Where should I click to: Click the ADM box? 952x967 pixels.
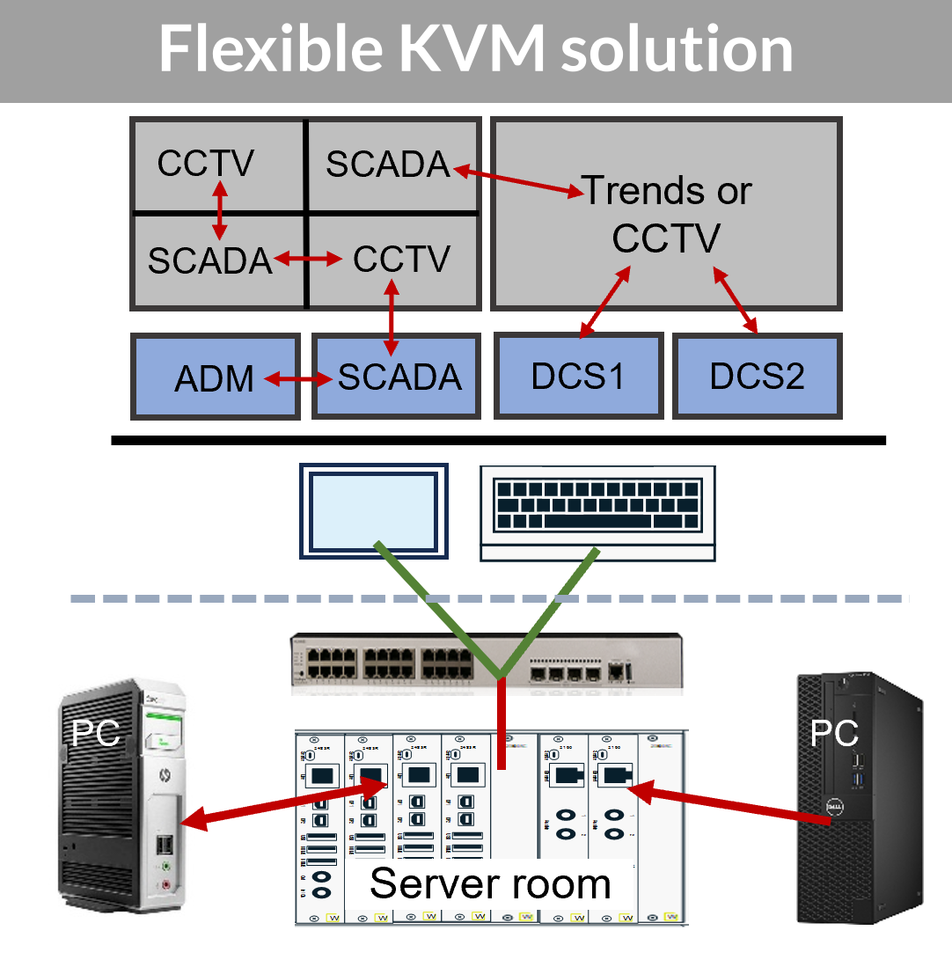pos(215,377)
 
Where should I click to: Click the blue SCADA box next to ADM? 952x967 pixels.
pos(398,377)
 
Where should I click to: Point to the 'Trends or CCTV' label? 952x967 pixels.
pos(666,214)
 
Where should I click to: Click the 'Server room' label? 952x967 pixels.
pos(490,883)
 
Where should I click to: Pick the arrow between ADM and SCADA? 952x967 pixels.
pos(300,379)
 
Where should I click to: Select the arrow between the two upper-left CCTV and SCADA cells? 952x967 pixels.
pos(219,211)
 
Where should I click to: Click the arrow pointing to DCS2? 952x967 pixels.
pos(735,300)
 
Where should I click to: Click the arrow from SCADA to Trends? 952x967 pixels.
pos(516,178)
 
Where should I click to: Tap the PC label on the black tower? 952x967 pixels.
pos(833,733)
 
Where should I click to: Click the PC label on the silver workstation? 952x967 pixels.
pos(95,732)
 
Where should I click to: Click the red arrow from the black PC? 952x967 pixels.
pos(730,804)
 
